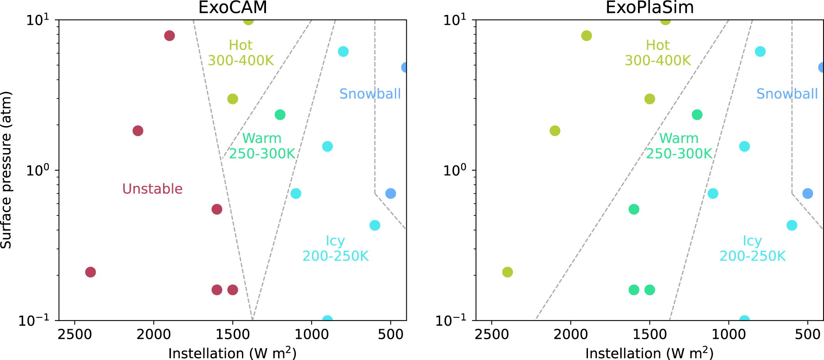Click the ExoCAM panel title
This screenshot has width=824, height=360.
[x=233, y=7]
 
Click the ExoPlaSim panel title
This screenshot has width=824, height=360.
[x=649, y=7]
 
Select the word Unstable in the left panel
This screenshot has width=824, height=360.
[x=152, y=189]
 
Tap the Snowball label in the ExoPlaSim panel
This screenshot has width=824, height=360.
[x=787, y=94]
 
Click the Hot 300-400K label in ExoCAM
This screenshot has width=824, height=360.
[x=240, y=53]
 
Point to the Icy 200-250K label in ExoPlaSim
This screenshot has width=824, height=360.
[x=752, y=249]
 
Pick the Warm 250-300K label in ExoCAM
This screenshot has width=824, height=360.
[x=262, y=146]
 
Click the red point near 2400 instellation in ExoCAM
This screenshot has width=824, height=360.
[x=91, y=272]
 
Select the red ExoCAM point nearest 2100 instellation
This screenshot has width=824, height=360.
[x=138, y=131]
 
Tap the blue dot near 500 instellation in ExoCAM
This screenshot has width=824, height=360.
[x=391, y=193]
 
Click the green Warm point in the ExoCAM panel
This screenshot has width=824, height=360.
[x=280, y=115]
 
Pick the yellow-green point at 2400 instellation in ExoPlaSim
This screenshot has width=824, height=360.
[x=508, y=272]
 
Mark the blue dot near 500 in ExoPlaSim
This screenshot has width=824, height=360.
[x=807, y=193]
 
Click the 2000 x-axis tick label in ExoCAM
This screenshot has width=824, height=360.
[x=154, y=335]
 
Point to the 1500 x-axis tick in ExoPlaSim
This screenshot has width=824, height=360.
[x=649, y=335]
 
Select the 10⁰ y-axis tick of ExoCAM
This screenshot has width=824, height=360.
[x=37, y=170]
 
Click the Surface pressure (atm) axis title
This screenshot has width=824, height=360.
[x=6, y=170]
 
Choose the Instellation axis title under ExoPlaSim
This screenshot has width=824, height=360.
[x=649, y=353]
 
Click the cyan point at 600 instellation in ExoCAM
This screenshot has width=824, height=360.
[x=375, y=225]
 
